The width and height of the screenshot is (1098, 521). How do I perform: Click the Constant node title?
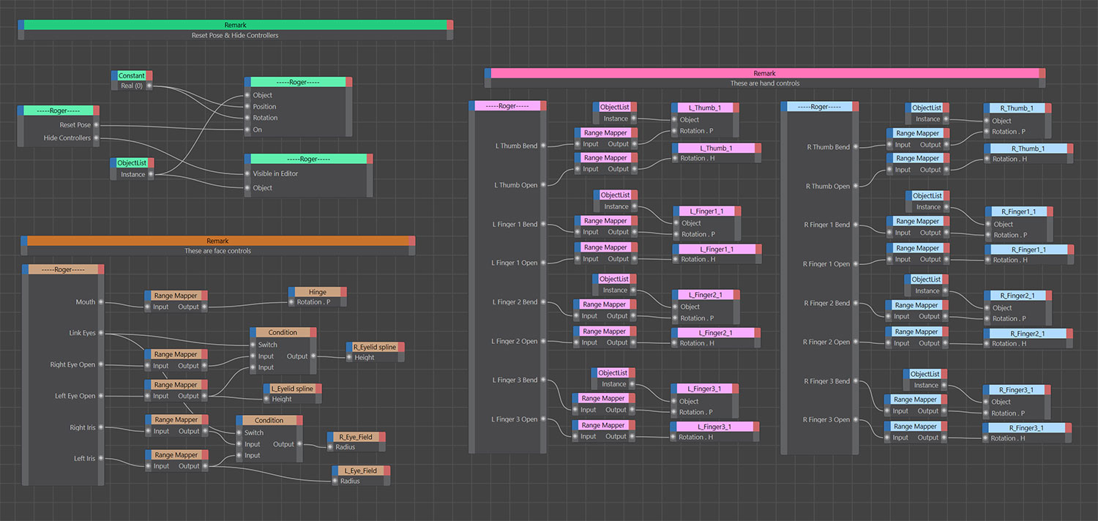[x=132, y=75]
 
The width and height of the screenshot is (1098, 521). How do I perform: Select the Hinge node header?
[x=318, y=292]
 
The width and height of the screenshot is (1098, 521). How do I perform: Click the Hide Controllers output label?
[x=67, y=138]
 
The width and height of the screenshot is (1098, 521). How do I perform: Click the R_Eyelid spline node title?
[x=375, y=347]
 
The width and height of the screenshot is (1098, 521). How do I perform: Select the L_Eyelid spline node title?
[x=292, y=389]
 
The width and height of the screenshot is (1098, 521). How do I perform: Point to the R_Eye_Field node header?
[x=355, y=437]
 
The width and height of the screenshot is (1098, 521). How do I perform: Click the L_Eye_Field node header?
[x=360, y=471]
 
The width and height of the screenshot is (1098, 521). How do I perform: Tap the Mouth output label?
[x=85, y=301]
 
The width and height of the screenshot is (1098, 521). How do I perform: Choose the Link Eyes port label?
[x=82, y=333]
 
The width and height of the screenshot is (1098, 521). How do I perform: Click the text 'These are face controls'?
[x=217, y=251]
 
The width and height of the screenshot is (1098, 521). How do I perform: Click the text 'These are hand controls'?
[x=764, y=83]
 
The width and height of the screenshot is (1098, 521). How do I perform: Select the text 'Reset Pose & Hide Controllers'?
[x=235, y=35]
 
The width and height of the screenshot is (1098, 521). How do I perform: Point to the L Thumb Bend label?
[x=516, y=146]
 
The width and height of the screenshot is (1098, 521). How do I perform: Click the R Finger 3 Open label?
[x=826, y=420]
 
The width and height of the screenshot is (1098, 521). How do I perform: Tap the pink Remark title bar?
[x=764, y=73]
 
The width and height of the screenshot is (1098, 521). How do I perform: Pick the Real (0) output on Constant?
[x=131, y=86]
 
